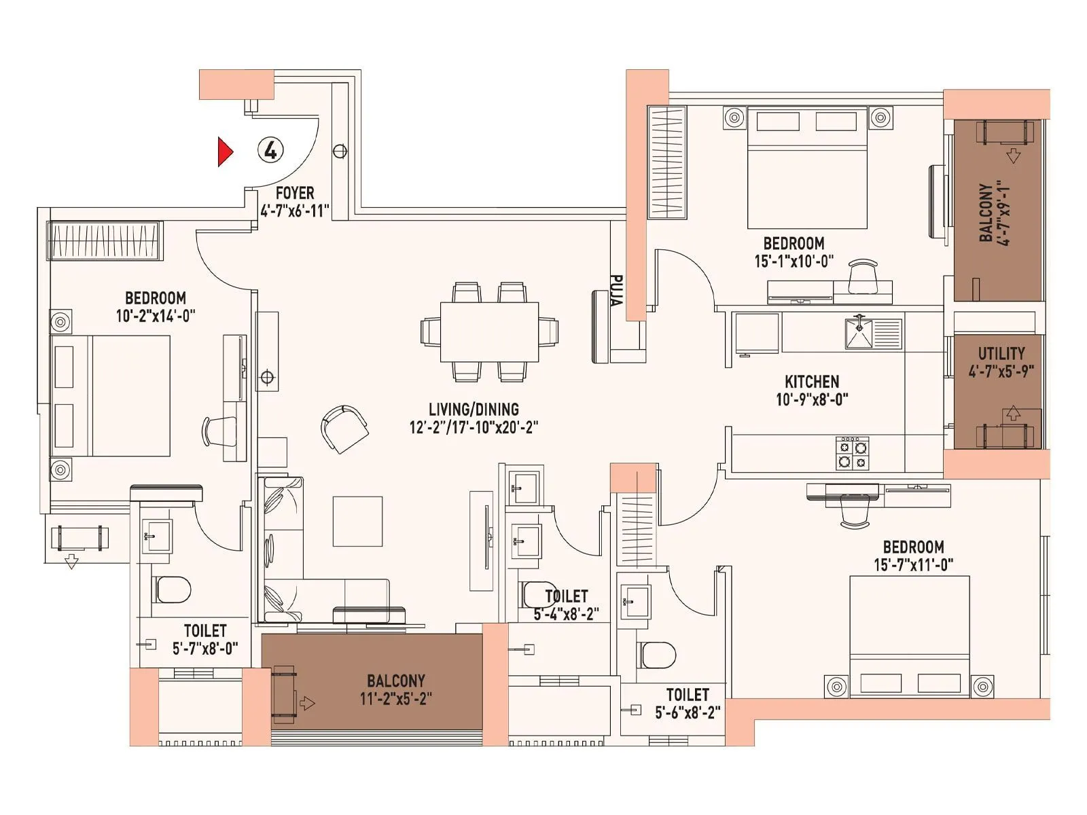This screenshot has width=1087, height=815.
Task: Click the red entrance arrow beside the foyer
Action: (x=224, y=152)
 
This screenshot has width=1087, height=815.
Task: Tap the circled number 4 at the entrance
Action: (x=270, y=150)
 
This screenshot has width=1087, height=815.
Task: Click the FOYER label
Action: (x=294, y=194)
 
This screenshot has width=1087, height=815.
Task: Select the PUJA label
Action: (x=616, y=291)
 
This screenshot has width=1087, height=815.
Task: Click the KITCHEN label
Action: (x=812, y=382)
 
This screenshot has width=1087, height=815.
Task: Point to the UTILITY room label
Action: (x=1001, y=354)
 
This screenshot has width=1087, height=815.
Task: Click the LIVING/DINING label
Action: (x=474, y=410)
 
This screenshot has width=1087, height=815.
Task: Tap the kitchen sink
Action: (x=859, y=333)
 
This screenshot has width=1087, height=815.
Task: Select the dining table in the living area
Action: (x=489, y=332)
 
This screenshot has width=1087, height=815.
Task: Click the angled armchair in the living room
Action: (x=344, y=429)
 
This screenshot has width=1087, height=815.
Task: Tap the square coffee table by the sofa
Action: (x=357, y=521)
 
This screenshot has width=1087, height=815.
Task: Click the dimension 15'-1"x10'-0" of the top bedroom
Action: (x=794, y=261)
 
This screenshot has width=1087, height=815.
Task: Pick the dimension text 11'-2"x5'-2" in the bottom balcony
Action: (x=395, y=698)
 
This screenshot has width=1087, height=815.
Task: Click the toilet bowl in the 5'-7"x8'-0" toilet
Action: (x=172, y=590)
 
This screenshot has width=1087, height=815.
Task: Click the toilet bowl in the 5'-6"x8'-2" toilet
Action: (x=657, y=655)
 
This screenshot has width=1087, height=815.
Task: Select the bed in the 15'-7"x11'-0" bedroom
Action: (x=910, y=636)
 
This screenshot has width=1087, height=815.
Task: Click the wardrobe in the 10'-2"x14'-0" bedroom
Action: (x=105, y=240)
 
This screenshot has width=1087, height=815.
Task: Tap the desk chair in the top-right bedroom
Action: (x=863, y=276)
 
